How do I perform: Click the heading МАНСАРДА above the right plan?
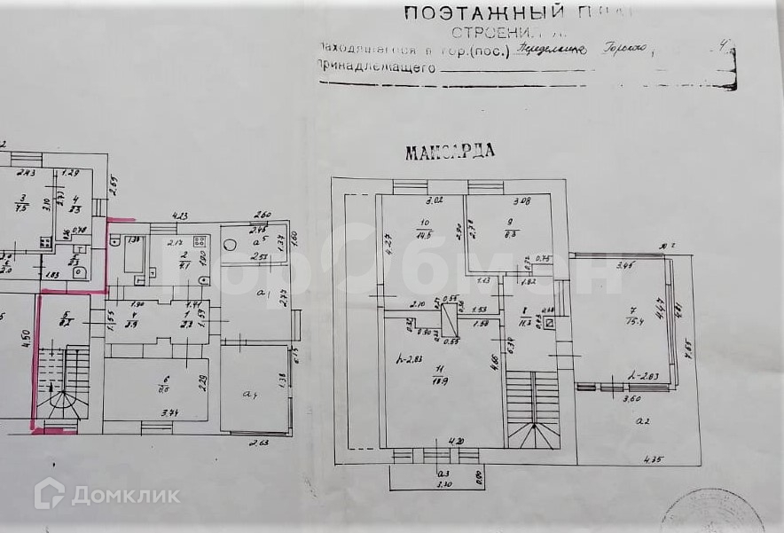(450, 152)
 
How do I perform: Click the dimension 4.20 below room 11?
(457, 441)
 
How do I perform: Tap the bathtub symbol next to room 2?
(134, 259)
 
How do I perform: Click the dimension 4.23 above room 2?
(180, 215)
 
